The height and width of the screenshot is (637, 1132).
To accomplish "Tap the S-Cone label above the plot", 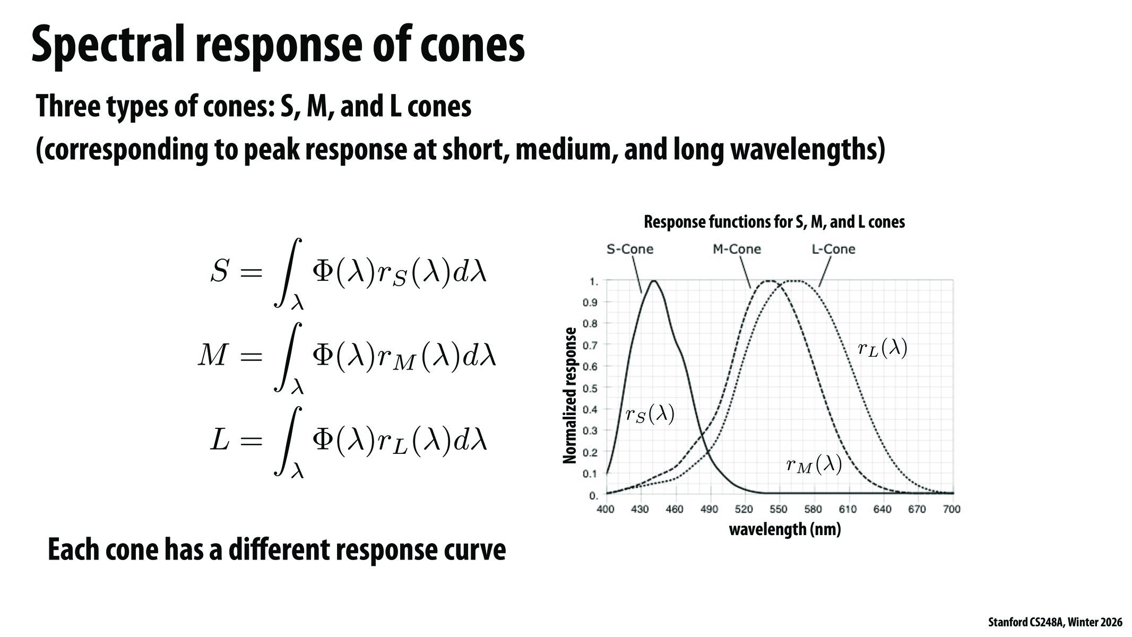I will click(x=630, y=249).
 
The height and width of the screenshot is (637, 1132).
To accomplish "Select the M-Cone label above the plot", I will click(x=737, y=249).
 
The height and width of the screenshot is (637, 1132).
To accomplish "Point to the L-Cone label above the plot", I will click(x=833, y=249).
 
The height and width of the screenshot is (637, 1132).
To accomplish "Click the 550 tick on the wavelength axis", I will click(x=779, y=510).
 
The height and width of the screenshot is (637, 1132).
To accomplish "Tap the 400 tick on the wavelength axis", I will click(x=606, y=510).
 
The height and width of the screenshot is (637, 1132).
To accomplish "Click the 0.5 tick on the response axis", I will click(x=590, y=388).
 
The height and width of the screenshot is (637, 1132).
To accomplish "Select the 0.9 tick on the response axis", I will click(x=590, y=303).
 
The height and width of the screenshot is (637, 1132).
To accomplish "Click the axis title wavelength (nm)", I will click(x=785, y=529).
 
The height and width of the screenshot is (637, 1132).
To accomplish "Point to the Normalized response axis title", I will click(x=569, y=395).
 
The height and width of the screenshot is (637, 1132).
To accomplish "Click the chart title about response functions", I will click(x=774, y=222).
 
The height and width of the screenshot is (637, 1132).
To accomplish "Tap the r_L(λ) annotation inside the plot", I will click(x=883, y=349).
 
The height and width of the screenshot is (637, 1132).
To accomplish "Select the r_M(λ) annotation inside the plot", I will click(x=814, y=466).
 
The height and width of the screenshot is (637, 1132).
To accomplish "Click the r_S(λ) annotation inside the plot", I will click(x=650, y=415).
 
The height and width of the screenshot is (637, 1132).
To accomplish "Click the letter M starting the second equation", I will click(x=213, y=356).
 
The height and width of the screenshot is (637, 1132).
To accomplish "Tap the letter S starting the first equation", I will click(x=219, y=272).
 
